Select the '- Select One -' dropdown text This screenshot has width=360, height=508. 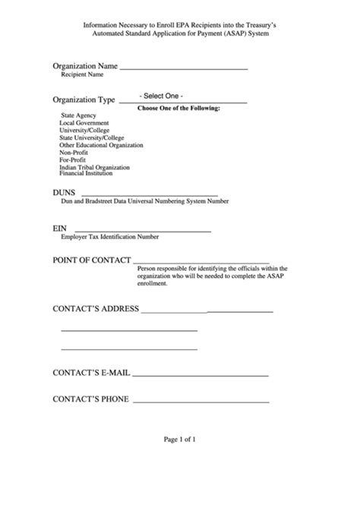(161, 96)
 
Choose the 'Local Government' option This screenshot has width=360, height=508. (84, 122)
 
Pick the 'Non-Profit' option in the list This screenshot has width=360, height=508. (74, 151)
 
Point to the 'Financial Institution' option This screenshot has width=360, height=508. (87, 173)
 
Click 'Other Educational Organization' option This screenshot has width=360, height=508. (101, 144)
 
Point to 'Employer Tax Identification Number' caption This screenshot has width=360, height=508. (110, 238)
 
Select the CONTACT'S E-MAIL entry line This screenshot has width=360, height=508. (201, 374)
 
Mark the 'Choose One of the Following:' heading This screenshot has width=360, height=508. (178, 108)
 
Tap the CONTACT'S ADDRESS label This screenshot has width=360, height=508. (95, 309)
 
